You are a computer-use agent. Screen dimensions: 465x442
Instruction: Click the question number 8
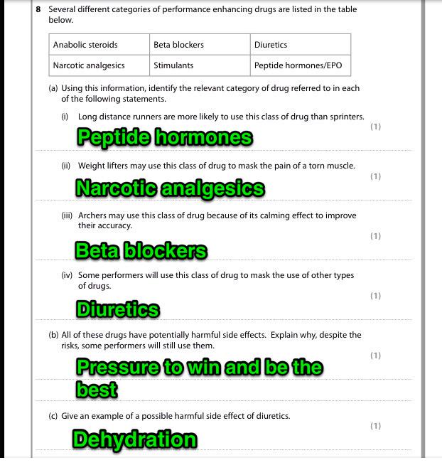(x=38, y=10)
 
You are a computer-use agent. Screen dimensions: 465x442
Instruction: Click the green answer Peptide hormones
(x=164, y=137)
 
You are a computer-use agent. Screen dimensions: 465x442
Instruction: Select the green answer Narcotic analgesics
(x=170, y=188)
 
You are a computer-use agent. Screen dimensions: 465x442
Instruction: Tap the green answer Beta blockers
(x=141, y=251)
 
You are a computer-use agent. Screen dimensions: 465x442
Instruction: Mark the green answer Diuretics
(x=117, y=310)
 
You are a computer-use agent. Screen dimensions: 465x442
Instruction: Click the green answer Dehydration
(x=134, y=439)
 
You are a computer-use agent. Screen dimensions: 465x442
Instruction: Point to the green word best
(x=97, y=390)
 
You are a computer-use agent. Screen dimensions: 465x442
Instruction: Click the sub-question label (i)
(x=65, y=117)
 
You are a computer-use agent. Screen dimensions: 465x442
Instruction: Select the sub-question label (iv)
(x=66, y=275)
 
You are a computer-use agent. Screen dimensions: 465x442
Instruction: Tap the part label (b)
(x=53, y=335)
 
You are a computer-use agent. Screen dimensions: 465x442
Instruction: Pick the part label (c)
(x=53, y=416)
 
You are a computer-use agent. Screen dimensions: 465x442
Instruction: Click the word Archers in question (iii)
(x=93, y=215)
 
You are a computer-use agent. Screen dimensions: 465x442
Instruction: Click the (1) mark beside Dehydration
(x=375, y=426)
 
